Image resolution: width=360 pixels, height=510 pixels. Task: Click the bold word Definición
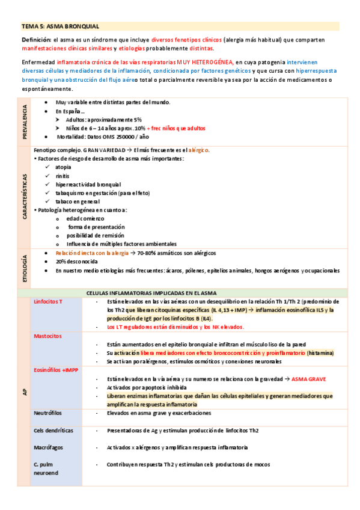tap(35, 40)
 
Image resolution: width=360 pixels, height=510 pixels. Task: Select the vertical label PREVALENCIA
tap(25, 120)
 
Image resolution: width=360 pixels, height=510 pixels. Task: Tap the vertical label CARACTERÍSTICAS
tap(25, 197)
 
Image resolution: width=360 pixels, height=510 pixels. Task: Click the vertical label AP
tap(25, 391)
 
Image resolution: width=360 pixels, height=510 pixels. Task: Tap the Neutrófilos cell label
tap(48, 414)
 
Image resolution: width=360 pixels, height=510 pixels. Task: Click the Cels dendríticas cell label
tap(53, 431)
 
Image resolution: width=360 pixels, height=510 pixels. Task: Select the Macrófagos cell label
tap(49, 447)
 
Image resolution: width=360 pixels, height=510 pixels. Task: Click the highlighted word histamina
tap(320, 353)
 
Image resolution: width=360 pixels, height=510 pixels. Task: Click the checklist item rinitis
tap(62, 176)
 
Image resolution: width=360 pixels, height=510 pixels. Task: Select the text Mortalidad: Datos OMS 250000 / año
tap(106, 137)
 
